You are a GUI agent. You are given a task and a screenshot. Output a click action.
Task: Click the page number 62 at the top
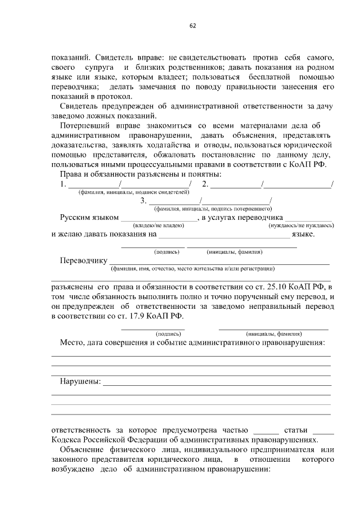[192, 25]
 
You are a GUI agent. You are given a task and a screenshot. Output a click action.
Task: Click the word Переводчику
[83, 261]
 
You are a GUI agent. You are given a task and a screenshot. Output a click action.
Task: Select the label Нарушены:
[80, 382]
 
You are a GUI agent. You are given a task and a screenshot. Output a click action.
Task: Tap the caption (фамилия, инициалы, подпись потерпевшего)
[205, 209]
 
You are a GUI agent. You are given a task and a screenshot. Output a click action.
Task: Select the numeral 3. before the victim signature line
[144, 201]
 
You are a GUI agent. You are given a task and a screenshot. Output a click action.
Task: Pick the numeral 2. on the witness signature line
[205, 184]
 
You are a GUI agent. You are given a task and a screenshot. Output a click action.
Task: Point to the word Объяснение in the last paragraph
[83, 451]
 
